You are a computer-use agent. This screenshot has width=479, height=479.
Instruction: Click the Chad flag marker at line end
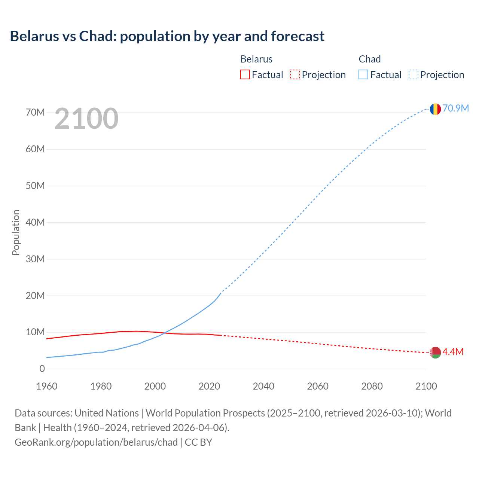[x=435, y=109]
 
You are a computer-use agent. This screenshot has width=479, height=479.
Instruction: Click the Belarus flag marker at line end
[x=435, y=353]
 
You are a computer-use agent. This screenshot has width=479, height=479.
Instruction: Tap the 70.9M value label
[x=456, y=108]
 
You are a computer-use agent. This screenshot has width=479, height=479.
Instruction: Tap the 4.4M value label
[x=453, y=352]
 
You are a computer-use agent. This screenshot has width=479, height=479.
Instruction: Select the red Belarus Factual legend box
[x=245, y=74]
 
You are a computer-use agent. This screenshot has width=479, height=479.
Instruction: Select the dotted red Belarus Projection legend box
[x=295, y=74]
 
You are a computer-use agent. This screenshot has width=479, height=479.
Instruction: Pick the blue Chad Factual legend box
[x=363, y=74]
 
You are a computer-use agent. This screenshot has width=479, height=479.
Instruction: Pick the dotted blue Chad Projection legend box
[x=414, y=74]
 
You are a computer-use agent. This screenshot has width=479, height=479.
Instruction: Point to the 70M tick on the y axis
[x=35, y=112]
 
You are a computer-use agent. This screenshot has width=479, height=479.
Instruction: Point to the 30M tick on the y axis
[x=35, y=259]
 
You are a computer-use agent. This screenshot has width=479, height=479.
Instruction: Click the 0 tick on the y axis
[x=42, y=369]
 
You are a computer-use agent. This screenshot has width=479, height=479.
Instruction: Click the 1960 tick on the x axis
[x=47, y=386]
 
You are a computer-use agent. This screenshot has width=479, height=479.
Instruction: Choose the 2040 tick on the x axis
[x=263, y=386]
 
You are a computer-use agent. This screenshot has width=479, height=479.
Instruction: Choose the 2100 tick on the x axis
[x=426, y=386]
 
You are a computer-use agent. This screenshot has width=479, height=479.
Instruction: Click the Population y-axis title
[x=16, y=232]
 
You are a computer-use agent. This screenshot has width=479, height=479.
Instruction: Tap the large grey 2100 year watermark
[x=86, y=119]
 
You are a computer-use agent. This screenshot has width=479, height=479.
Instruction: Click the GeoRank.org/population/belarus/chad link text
[x=96, y=442]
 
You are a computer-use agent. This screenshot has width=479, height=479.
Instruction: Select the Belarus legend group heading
[x=256, y=59]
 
